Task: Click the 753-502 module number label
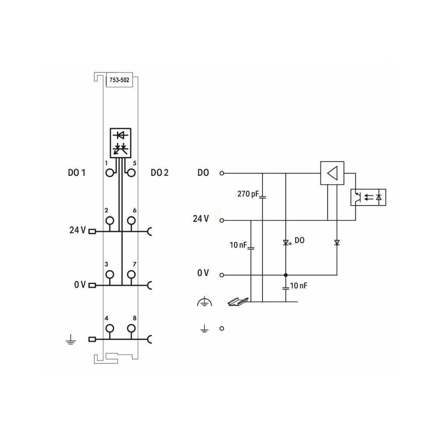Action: (x=119, y=80)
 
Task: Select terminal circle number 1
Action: (x=110, y=173)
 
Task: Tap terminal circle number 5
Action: (x=131, y=173)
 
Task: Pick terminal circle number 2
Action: (x=110, y=221)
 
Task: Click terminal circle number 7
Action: (x=131, y=275)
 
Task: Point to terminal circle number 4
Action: (x=110, y=329)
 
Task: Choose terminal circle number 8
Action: (x=131, y=329)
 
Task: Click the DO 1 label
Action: (x=76, y=173)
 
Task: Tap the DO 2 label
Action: (x=159, y=173)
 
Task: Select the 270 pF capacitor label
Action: (x=248, y=194)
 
